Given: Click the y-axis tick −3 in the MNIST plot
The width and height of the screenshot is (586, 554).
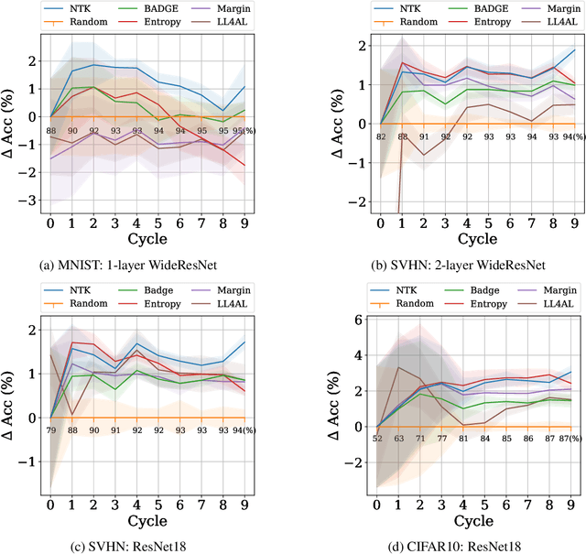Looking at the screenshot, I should pos(34,200).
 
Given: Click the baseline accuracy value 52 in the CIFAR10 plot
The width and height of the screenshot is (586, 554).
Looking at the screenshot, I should pos(377,438).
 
